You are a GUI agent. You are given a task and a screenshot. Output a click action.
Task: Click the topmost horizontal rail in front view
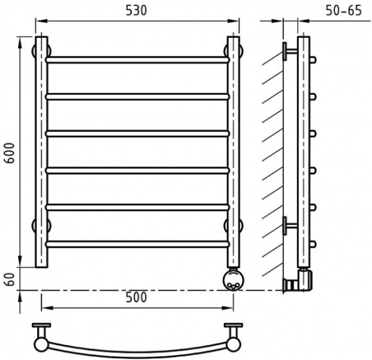point(137,60)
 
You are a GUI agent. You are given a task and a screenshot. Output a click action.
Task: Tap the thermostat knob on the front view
point(233,279)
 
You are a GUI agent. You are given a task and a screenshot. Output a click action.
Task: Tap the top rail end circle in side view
point(315,60)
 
